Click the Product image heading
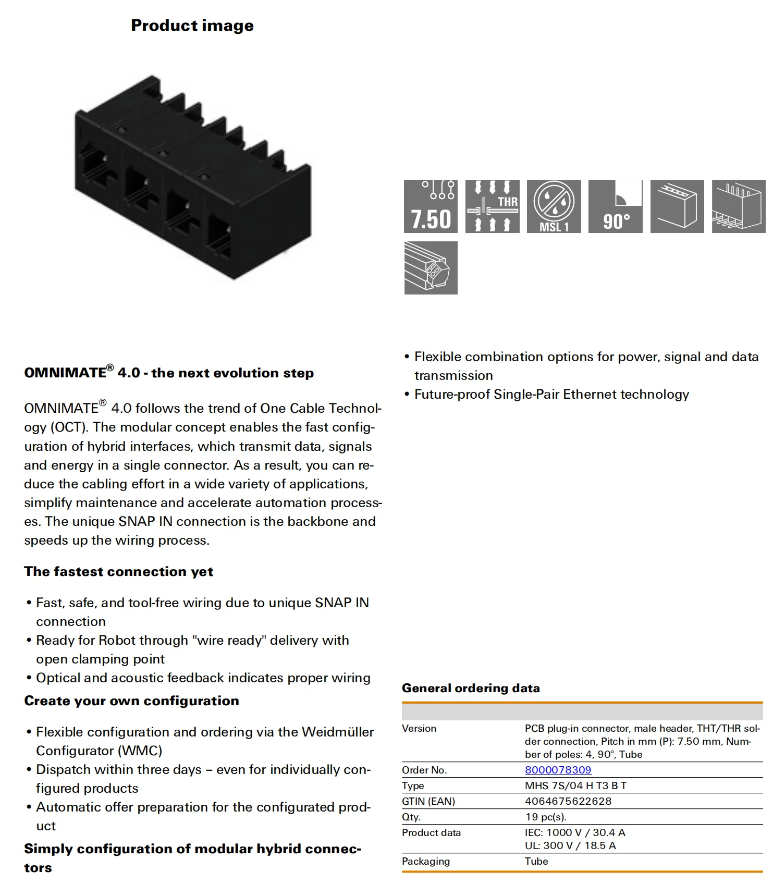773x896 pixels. [192, 26]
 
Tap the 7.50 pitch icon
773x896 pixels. [431, 206]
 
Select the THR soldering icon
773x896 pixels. [492, 206]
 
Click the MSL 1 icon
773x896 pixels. [554, 206]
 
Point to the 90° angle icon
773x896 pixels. [615, 206]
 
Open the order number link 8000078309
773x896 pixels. [558, 770]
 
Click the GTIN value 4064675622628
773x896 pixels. [568, 801]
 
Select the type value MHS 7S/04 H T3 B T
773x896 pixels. [575, 785]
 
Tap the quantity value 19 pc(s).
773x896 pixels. [545, 817]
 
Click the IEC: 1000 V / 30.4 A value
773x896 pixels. [575, 832]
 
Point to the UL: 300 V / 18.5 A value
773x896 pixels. [570, 845]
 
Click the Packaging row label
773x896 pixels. [425, 861]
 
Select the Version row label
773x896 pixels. [419, 728]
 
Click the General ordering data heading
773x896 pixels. [471, 688]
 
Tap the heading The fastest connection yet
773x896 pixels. [118, 572]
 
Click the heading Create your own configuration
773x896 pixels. [131, 701]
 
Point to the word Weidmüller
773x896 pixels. [338, 732]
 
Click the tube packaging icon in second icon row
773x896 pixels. [431, 268]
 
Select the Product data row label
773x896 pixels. [431, 832]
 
